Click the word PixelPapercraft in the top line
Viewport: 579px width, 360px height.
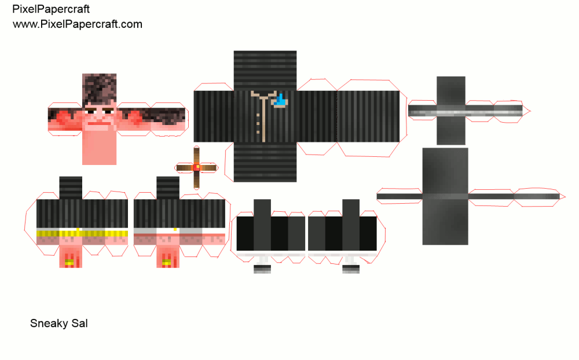point(51,10)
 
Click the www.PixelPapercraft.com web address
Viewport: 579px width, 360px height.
point(78,24)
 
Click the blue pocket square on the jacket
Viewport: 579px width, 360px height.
point(281,101)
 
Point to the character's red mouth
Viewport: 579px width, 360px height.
point(99,121)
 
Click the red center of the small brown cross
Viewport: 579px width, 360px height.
point(196,167)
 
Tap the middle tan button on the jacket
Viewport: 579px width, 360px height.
point(258,122)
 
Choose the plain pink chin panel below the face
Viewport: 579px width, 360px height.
point(99,148)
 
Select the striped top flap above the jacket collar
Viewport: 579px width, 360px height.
point(265,69)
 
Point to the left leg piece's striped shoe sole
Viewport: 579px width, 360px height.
point(262,269)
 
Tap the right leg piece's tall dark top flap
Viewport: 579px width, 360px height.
point(351,208)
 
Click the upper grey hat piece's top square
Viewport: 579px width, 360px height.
point(451,89)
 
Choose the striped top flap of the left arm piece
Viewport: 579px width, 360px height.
point(71,188)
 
